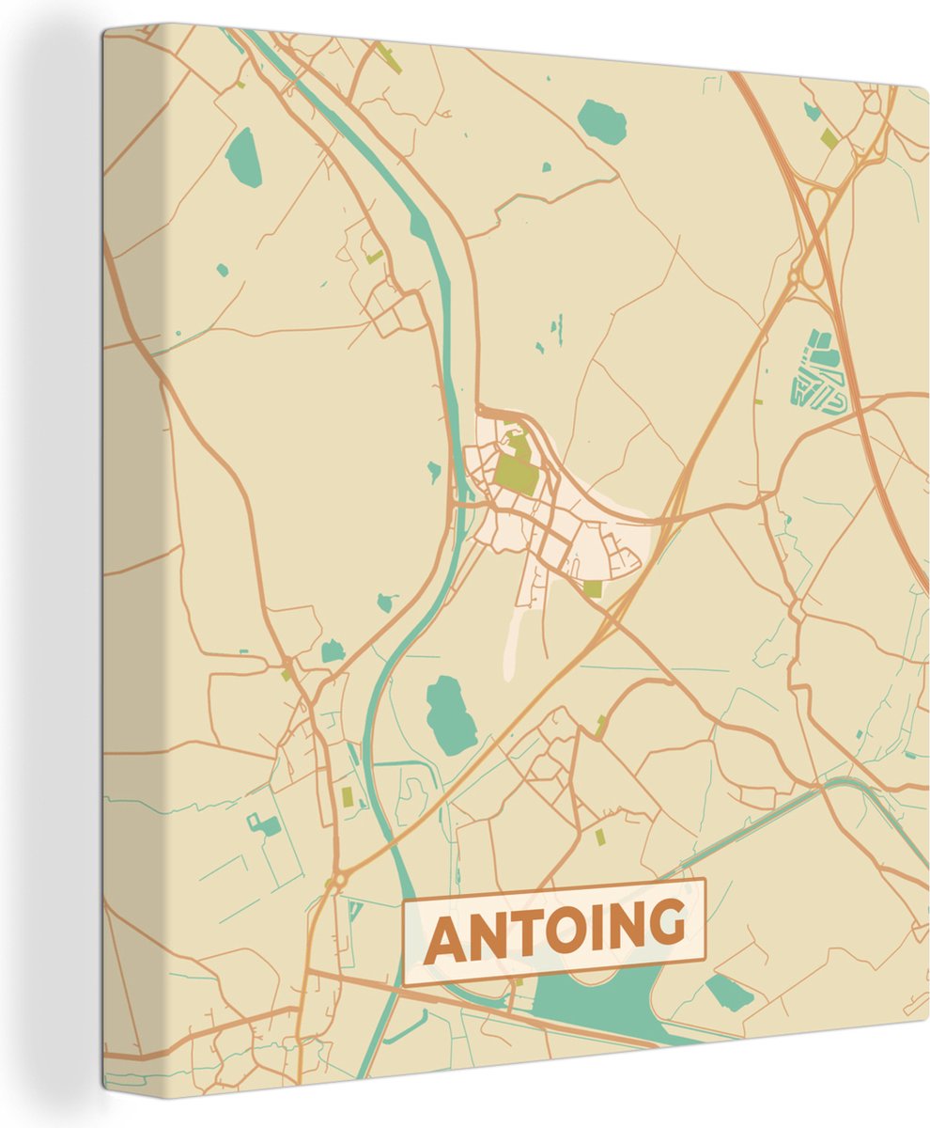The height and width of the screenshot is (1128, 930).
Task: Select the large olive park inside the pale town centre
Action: [516, 473]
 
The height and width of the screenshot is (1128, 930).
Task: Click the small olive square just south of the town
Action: [592, 588]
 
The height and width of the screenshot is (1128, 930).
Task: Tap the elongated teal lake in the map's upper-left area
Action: [243, 157]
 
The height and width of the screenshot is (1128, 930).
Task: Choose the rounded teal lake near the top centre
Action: [601, 121]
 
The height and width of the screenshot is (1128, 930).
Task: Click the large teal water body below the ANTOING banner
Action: [601, 1001]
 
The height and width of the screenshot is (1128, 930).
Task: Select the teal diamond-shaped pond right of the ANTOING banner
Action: [729, 992]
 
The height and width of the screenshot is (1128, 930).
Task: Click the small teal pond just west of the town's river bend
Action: [434, 470]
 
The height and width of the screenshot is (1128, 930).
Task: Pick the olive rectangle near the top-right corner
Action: [829, 138]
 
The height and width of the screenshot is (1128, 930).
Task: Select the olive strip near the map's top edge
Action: [390, 60]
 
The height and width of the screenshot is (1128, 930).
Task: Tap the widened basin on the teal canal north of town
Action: [419, 227]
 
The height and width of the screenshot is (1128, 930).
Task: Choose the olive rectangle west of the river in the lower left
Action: [347, 797]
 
